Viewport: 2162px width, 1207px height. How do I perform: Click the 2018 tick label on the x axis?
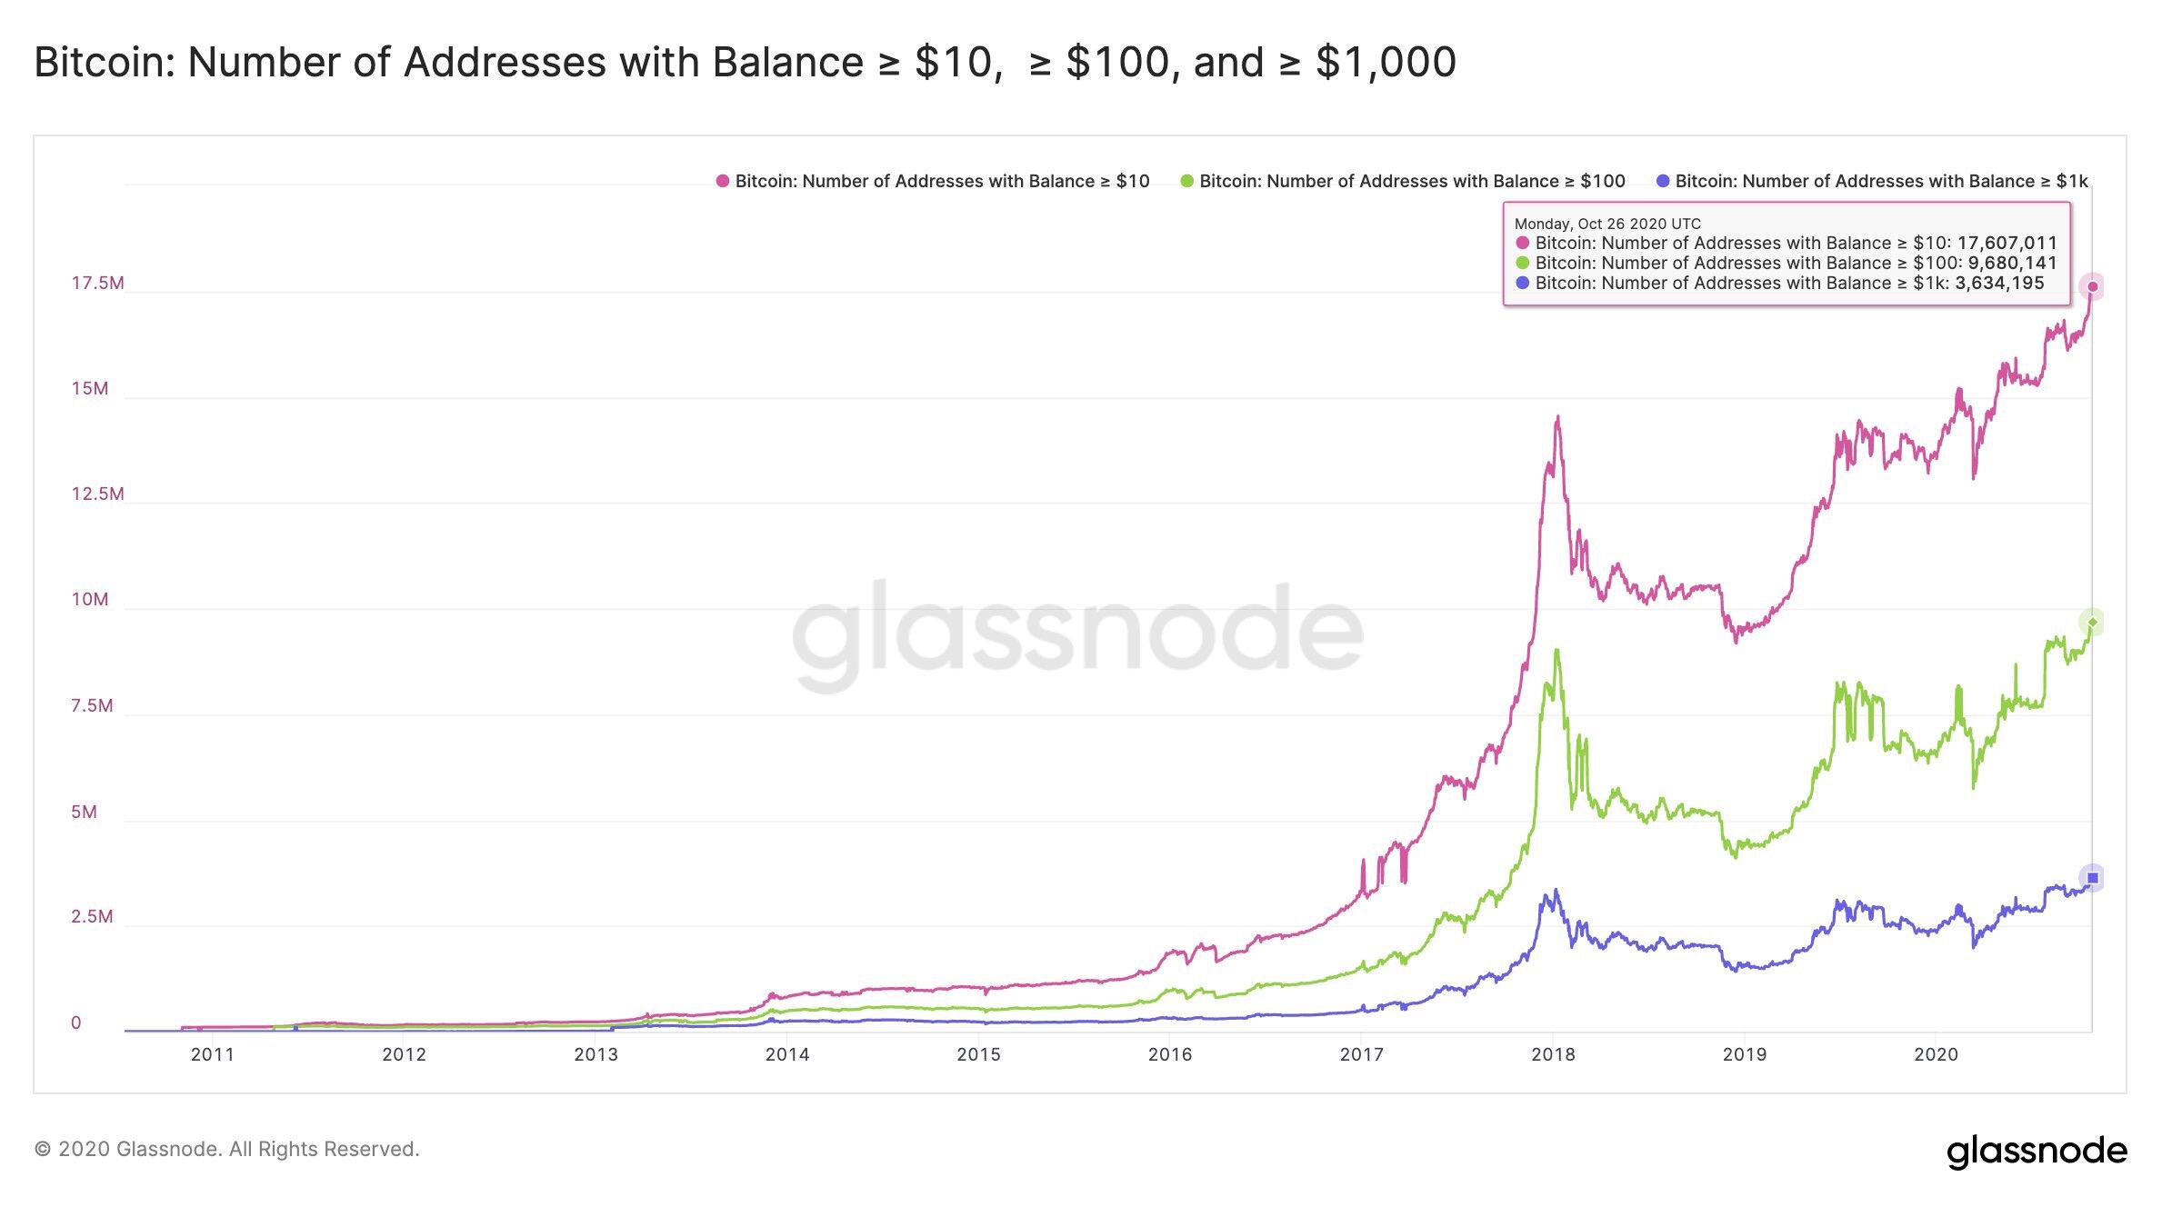click(x=1553, y=1054)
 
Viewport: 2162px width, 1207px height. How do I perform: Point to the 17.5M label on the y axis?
click(x=97, y=283)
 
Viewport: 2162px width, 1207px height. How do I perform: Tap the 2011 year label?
click(x=212, y=1054)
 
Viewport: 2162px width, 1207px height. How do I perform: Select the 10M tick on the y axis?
click(x=89, y=599)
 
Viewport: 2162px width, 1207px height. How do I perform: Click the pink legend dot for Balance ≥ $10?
click(x=723, y=181)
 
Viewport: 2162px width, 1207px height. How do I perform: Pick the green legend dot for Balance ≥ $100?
click(x=1186, y=181)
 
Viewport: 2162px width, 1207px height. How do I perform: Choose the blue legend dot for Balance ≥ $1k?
click(x=1663, y=181)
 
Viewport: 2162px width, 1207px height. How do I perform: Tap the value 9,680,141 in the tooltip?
click(x=2012, y=263)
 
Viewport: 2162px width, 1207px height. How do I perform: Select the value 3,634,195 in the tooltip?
click(x=1999, y=283)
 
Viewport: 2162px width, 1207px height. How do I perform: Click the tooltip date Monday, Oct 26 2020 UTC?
click(x=1607, y=224)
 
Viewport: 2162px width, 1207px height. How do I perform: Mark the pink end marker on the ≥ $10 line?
click(x=2092, y=287)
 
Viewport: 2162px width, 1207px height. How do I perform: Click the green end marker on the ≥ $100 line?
click(x=2092, y=622)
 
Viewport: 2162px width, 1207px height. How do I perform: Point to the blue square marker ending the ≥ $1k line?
click(x=2092, y=877)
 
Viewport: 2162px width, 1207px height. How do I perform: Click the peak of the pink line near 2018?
click(x=1558, y=418)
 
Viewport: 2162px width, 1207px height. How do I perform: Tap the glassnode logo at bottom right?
click(x=2037, y=1151)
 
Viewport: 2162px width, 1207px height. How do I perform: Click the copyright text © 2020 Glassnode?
click(x=226, y=1149)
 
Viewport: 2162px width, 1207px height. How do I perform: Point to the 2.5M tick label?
click(x=92, y=916)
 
